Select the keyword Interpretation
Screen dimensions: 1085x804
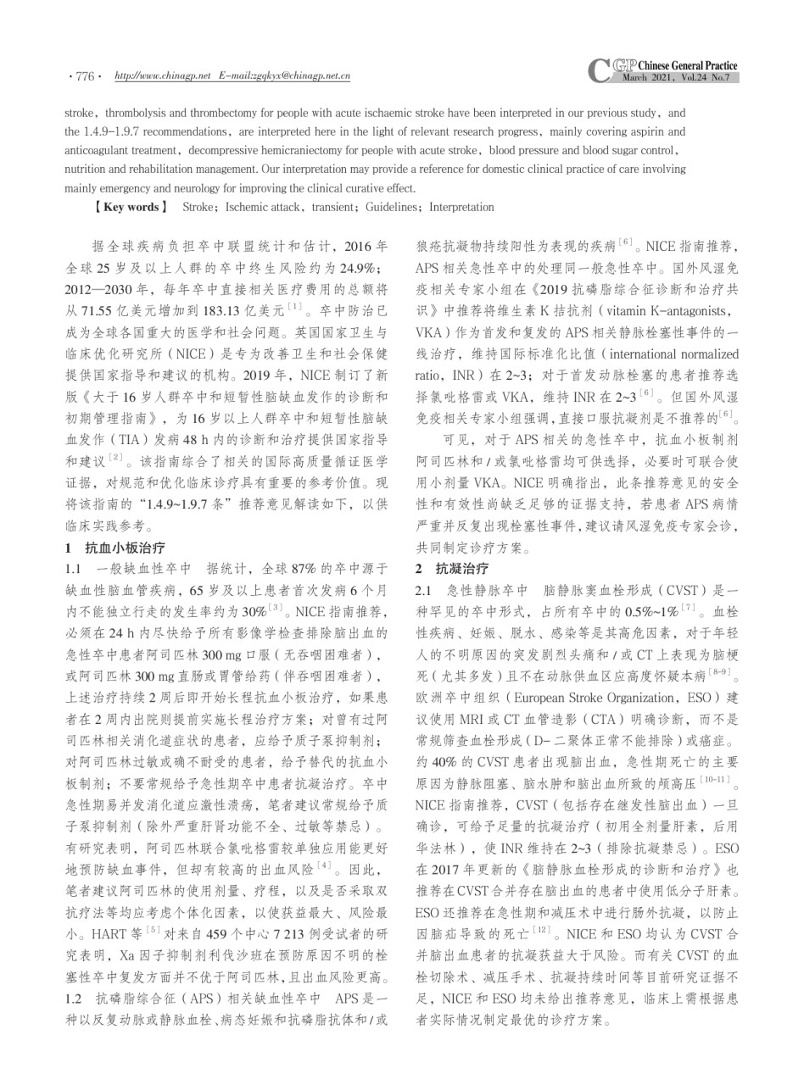461,207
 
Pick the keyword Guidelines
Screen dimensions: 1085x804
393,207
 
